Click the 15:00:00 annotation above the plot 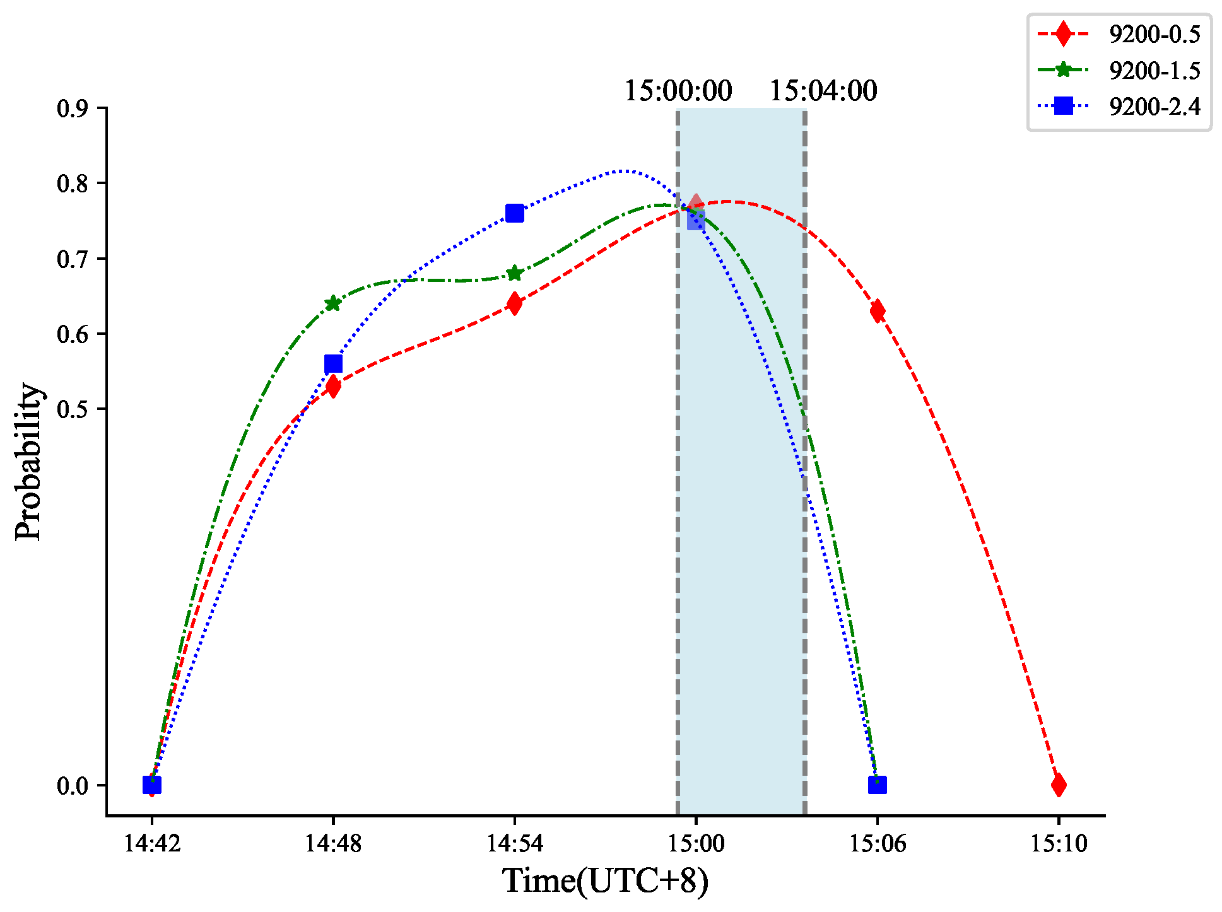[678, 91]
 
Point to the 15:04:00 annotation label [823, 91]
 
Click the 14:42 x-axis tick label [152, 843]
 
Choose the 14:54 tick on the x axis [515, 843]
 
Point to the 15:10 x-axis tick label [1059, 843]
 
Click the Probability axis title [28, 462]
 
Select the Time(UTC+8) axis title [606, 880]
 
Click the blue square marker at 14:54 [515, 213]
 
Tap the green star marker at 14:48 [333, 303]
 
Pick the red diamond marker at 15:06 [877, 311]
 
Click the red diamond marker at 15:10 [1059, 785]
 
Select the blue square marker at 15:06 [877, 785]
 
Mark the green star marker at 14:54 [515, 273]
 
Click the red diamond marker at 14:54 [515, 303]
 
